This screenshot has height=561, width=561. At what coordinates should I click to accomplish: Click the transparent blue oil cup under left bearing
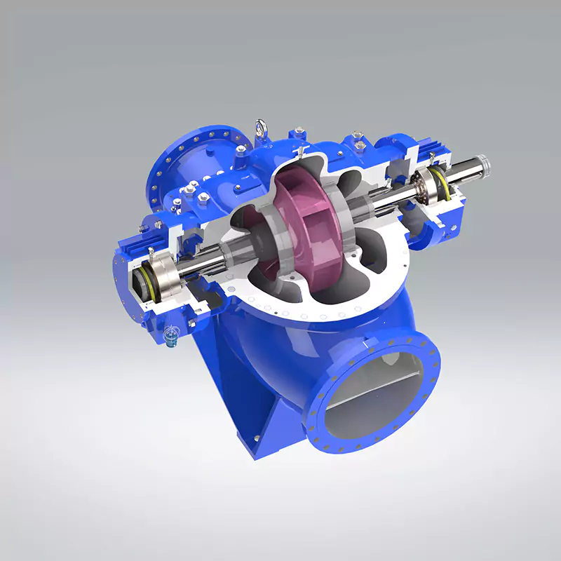pos(169,339)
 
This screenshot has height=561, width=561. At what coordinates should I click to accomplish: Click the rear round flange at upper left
pos(189,161)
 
